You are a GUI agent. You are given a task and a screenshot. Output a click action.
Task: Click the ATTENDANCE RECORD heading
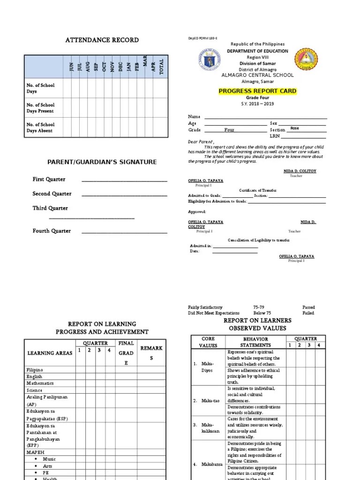pos(102,40)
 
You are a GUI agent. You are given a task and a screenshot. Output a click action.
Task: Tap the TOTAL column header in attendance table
pos(162,66)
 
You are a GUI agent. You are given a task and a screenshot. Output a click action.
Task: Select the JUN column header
pos(72,67)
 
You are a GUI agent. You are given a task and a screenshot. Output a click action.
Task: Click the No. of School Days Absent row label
pos(40,127)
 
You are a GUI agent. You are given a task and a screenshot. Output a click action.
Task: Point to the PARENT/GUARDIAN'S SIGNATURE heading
pos(102,162)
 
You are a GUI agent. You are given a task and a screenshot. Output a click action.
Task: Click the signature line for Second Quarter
pos(124,195)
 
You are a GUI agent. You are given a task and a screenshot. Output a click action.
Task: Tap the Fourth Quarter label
pos(52,231)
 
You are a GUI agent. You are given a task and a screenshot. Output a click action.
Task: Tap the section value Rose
pos(294,128)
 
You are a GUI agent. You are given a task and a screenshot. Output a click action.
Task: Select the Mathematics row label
pos(40,383)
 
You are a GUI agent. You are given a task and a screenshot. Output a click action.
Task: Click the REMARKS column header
pos(151,353)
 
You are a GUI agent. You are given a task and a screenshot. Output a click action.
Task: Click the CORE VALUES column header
pos(208,342)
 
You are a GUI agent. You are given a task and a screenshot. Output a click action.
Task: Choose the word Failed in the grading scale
pos(308,313)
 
